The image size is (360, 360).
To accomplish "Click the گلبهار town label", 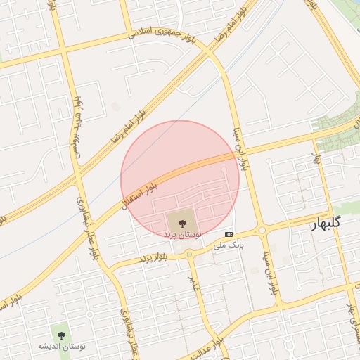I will coord(326,223).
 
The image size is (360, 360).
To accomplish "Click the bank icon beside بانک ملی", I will coord(229,234).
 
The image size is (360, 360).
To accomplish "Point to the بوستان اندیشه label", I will coord(60,347).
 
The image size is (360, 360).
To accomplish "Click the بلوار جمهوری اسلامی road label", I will coord(162,32).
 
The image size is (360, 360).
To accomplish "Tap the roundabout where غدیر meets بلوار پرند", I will coord(190,254).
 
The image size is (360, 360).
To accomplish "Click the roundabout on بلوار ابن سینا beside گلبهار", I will coord(262,230).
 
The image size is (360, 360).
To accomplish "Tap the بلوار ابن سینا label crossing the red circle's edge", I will coord(240,154).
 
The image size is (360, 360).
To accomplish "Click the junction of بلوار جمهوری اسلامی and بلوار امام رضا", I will coord(209,53).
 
